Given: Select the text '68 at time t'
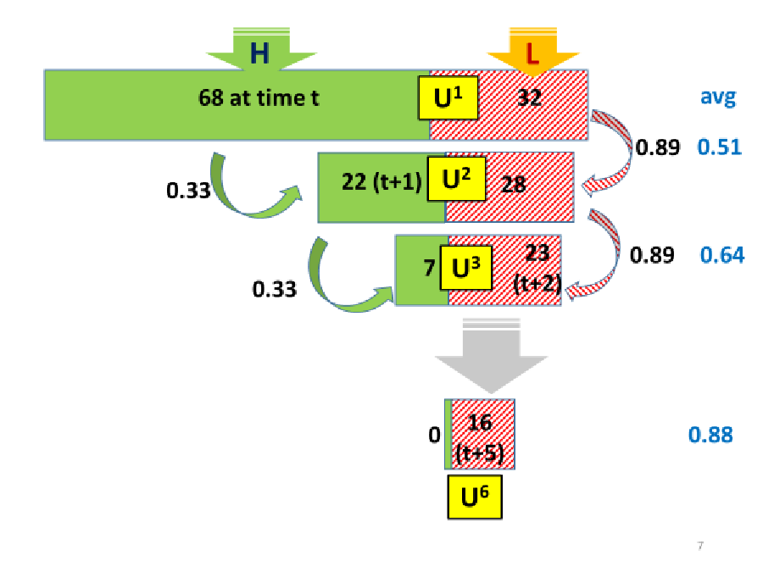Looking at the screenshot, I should [x=259, y=98].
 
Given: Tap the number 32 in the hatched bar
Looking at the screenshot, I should [x=530, y=98].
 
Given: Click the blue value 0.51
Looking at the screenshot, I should [x=719, y=147].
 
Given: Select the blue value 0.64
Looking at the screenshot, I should [x=722, y=254].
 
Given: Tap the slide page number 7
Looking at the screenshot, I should [x=699, y=545].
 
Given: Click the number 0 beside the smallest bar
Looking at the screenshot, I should [x=434, y=435].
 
